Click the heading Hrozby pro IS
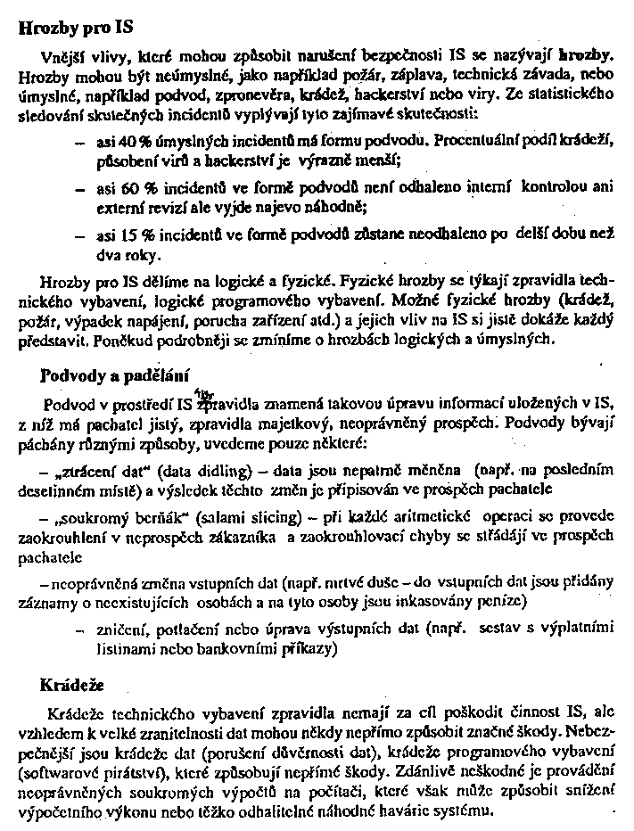70,27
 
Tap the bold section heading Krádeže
72,686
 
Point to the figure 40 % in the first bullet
112,142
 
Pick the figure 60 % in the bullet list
112,189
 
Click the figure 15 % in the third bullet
112,236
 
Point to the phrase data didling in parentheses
229,470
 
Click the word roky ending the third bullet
115,254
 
